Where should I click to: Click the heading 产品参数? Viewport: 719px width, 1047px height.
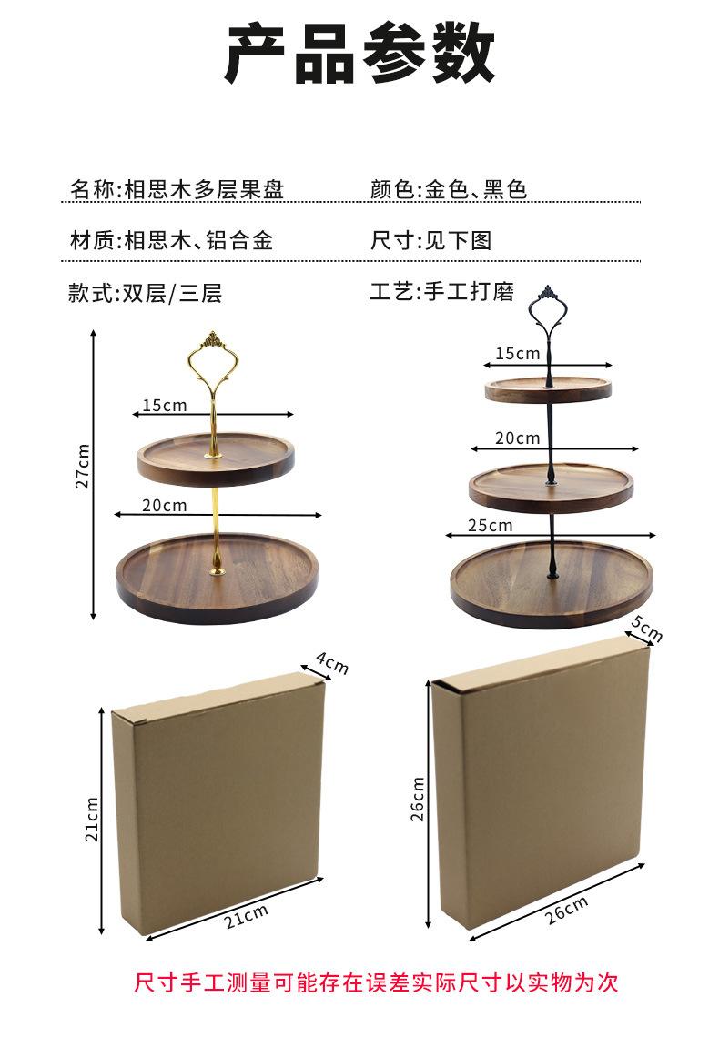pyautogui.click(x=359, y=55)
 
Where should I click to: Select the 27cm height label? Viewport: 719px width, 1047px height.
pyautogui.click(x=83, y=467)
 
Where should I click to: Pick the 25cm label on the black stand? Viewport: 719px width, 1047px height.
pyautogui.click(x=490, y=525)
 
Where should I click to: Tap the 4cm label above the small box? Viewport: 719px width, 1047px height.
pyautogui.click(x=332, y=664)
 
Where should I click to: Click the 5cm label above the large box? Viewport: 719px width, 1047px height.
pyautogui.click(x=646, y=628)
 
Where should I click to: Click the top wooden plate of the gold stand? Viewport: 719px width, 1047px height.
pyautogui.click(x=216, y=459)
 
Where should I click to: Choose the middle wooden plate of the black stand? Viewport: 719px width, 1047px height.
pyautogui.click(x=551, y=488)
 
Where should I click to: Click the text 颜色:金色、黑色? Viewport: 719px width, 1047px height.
pyautogui.click(x=449, y=190)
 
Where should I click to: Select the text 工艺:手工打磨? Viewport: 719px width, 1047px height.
pyautogui.click(x=442, y=292)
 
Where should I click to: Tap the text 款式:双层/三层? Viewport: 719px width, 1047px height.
pyautogui.click(x=145, y=293)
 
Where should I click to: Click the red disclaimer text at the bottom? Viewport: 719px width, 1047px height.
pyautogui.click(x=376, y=982)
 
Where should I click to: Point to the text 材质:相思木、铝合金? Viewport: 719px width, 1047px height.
pyautogui.click(x=171, y=241)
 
